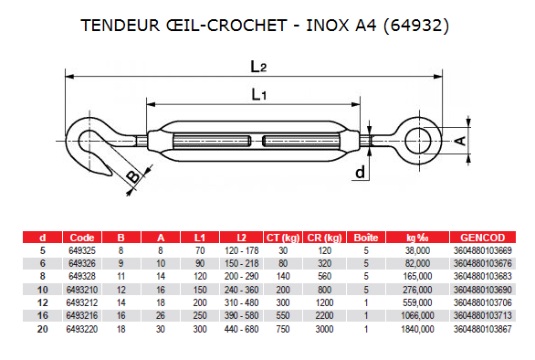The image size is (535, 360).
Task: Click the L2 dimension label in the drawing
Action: point(258,67)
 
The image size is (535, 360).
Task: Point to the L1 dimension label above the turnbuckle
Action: point(259,94)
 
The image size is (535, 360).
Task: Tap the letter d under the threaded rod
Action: point(360,172)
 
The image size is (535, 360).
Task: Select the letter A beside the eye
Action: point(461,141)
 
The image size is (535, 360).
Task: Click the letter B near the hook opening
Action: point(133,177)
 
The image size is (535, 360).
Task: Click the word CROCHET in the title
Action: point(247,26)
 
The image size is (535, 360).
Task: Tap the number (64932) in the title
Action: point(416,26)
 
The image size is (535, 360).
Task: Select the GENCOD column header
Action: point(482,238)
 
